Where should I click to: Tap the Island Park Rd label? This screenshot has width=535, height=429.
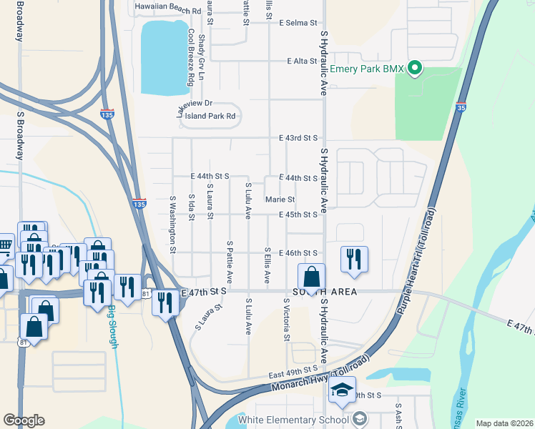coord(210,116)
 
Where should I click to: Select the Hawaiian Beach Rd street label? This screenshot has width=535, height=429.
coord(168,11)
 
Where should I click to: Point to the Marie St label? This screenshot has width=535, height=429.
coord(280,199)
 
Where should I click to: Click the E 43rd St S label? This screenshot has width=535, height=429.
coord(298,137)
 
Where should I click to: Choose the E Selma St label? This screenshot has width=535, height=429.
coord(294,23)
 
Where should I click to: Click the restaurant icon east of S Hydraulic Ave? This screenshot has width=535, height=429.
coord(353,259)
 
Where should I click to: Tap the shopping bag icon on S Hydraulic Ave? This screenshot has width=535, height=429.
coord(312,276)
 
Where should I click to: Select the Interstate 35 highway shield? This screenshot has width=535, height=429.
coord(460,107)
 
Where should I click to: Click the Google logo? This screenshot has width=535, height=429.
coord(24,420)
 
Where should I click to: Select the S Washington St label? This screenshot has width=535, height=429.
coord(173,225)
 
